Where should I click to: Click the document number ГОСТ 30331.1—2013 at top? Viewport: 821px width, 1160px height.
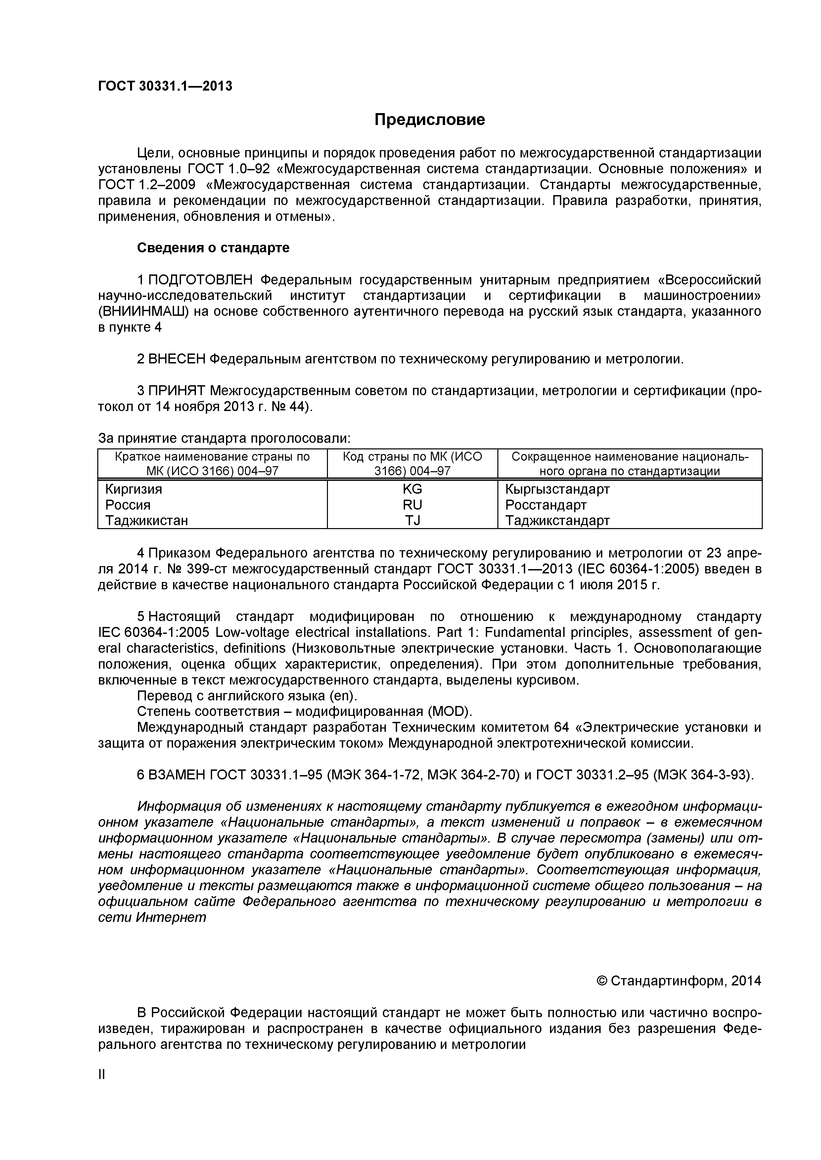pos(165,86)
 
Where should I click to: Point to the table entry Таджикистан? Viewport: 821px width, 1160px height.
pos(147,520)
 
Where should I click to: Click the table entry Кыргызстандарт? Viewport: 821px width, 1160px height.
pos(558,489)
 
